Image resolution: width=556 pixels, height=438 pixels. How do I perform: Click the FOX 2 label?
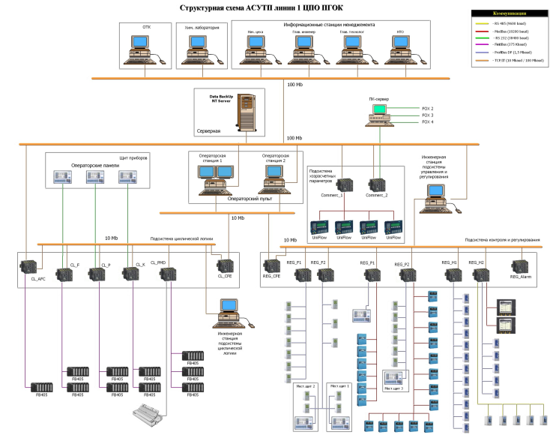tap(428, 109)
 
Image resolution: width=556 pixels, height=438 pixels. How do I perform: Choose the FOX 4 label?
tap(428, 122)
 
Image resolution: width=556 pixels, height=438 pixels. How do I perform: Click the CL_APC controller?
tap(31, 265)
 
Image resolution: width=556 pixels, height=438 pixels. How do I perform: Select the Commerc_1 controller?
tap(346, 184)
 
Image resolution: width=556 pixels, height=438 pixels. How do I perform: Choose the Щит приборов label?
tap(134, 158)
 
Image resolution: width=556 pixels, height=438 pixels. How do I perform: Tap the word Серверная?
tap(209, 130)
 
